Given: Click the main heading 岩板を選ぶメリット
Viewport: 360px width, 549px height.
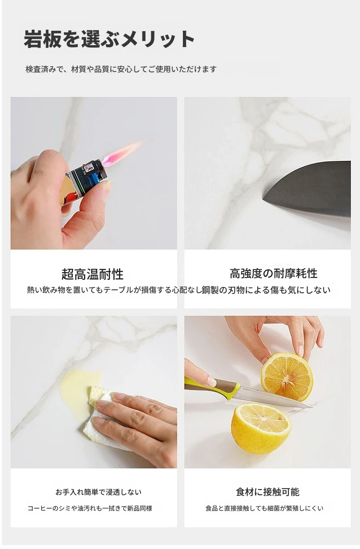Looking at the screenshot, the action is tap(109, 39).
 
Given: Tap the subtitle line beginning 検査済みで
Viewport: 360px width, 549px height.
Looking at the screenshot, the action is tap(121, 69).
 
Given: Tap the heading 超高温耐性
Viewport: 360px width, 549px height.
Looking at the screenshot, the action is tap(93, 274).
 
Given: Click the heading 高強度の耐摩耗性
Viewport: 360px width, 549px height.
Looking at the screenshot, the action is tap(274, 274).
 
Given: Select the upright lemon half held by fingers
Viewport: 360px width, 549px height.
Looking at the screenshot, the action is tap(287, 377).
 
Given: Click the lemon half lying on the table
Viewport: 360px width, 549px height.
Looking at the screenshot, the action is tap(261, 428).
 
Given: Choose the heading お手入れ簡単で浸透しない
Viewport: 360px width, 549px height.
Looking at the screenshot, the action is tap(98, 492).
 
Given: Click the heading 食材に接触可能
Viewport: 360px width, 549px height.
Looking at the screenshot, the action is tap(267, 492).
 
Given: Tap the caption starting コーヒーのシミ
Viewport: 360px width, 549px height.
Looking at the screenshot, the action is tap(90, 508).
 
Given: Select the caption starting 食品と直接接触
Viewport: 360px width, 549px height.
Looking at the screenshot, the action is tap(264, 508).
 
